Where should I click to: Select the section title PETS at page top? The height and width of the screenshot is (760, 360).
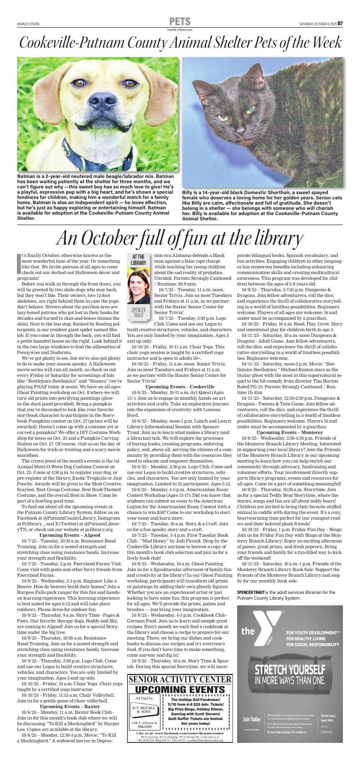[x=180, y=22]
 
